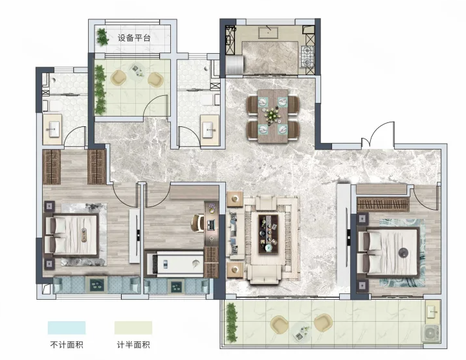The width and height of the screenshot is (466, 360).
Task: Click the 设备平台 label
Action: [134, 38]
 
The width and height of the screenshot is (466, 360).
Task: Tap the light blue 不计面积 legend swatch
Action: [67, 328]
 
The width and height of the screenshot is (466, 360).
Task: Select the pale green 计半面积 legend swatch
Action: [133, 328]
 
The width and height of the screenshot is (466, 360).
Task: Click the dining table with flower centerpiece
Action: [273, 116]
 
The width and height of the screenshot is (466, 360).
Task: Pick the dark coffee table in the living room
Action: [269, 234]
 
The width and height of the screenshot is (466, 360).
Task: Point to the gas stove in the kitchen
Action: [307, 56]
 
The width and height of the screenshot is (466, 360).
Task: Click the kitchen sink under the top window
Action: [268, 32]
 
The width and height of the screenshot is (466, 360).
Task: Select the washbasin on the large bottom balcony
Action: [432, 311]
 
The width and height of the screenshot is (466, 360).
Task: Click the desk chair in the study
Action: [197, 223]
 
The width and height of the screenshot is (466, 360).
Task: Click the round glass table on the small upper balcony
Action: [137, 71]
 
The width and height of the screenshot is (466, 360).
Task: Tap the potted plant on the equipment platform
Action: [102, 37]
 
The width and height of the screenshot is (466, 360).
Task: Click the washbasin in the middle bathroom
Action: [210, 130]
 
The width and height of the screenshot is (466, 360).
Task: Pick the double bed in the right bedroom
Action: [388, 252]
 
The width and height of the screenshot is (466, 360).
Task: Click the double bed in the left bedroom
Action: [72, 235]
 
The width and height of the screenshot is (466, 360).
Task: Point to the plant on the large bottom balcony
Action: [232, 323]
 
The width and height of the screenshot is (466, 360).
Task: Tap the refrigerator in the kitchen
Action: [235, 65]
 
